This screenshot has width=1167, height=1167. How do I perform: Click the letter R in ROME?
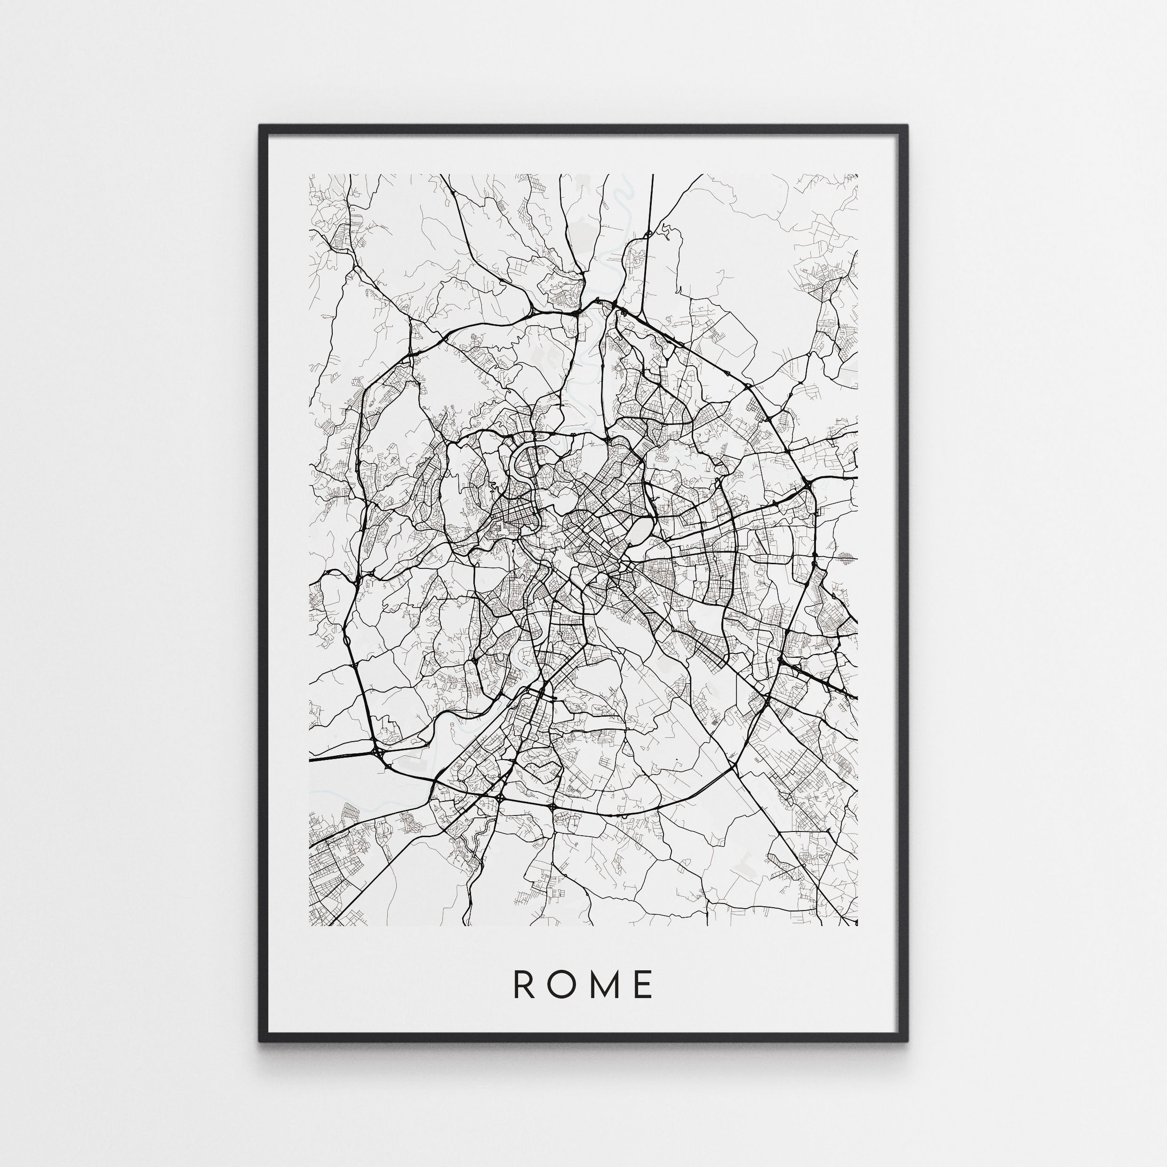[522, 984]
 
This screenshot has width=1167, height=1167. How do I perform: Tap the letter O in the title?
[560, 984]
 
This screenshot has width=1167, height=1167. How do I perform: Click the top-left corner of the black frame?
[262, 127]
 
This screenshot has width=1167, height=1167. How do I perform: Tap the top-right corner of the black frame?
[905, 127]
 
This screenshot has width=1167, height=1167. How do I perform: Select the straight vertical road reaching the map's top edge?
[652, 200]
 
